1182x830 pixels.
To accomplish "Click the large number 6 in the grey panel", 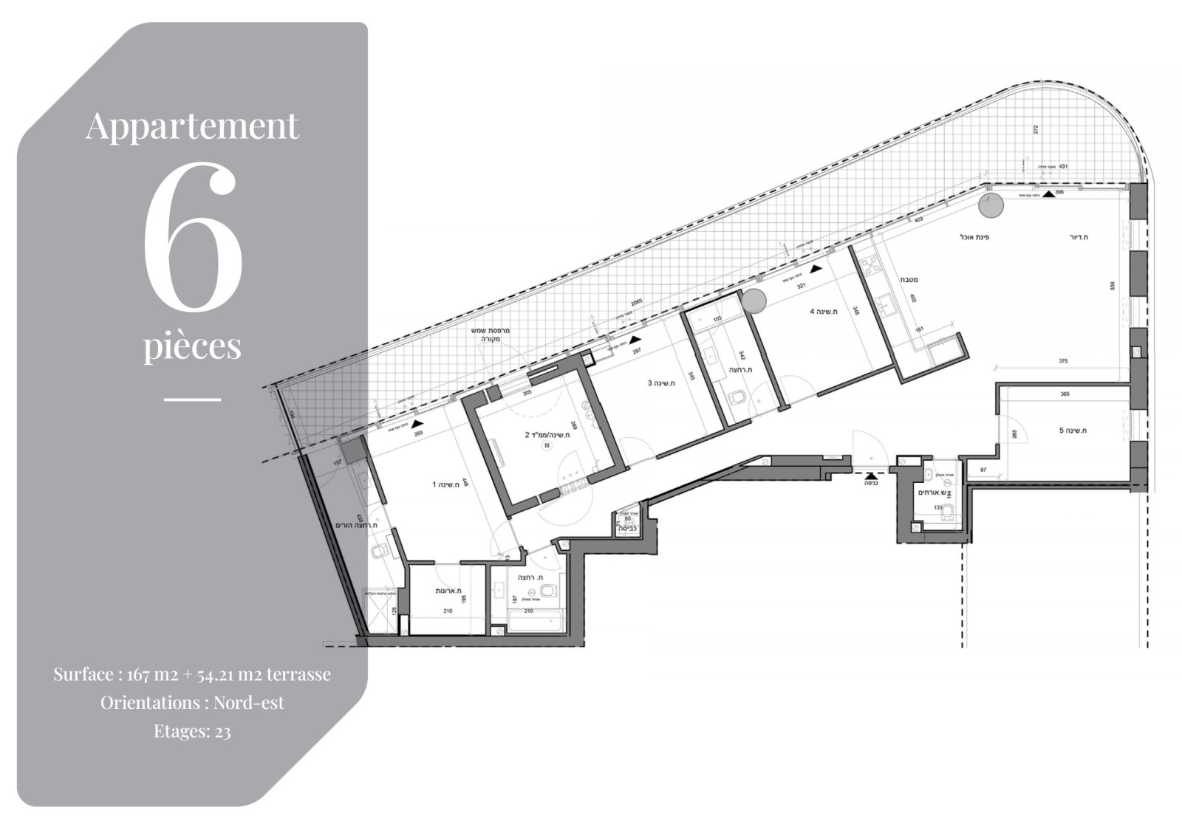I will coord(193,236).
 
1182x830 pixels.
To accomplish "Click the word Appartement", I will coord(192,125).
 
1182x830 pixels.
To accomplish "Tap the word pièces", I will coord(192,346).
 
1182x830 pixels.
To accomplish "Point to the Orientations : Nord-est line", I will coord(192,702).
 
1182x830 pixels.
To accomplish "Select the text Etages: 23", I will coord(192,731).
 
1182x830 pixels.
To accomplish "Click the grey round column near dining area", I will coord(991,205).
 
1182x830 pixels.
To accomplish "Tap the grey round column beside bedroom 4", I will coord(754,301).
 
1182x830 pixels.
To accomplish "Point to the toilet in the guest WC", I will coord(951,512).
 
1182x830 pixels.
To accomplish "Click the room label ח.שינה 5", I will coord(1074,431).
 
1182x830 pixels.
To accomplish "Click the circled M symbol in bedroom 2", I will coord(547,446).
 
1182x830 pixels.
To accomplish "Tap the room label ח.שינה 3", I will coord(660,383).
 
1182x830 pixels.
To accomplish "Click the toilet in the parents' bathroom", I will coord(380,551).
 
